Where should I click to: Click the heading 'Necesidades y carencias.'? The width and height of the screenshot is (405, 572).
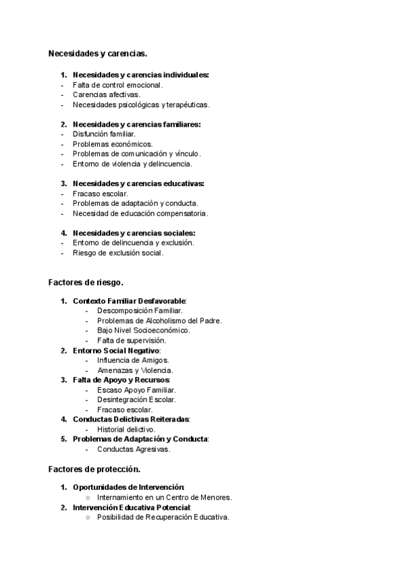98,53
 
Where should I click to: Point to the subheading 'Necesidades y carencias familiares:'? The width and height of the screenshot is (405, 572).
136,124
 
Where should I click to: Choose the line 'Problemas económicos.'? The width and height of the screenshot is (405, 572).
113,144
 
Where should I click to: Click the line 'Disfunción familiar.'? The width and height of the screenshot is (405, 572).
104,134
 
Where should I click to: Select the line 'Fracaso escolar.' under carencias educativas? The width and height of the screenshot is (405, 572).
100,194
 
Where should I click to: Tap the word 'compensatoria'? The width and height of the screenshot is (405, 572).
184,213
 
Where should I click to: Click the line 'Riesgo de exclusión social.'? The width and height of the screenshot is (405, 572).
118,253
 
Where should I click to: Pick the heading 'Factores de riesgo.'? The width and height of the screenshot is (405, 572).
86,281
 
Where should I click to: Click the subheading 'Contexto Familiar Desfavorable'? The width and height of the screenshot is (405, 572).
129,301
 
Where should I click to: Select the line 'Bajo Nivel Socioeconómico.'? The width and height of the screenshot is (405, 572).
144,331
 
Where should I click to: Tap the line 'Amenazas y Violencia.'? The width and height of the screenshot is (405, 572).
135,370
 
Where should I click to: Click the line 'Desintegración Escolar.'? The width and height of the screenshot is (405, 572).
136,400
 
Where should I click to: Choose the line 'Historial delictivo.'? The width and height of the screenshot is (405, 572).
127,429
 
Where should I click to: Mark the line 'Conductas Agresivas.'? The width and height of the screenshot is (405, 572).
134,449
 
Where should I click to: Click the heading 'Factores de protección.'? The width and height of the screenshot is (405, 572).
94,468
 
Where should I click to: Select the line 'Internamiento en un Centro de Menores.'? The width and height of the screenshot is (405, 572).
165,498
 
